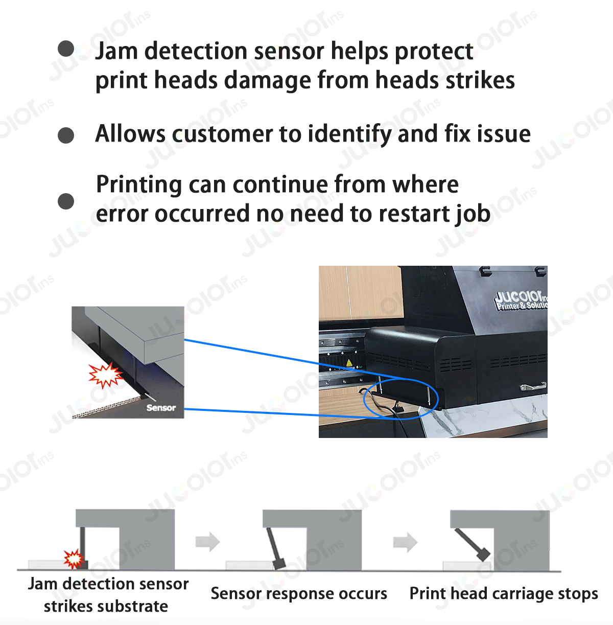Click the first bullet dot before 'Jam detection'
[x=66, y=49]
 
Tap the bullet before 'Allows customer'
[x=66, y=135]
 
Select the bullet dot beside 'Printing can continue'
[x=66, y=201]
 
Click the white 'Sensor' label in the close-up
[x=160, y=408]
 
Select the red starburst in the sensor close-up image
[x=105, y=376]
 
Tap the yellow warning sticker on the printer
[x=349, y=363]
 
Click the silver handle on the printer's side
[x=533, y=387]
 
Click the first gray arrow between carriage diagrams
[x=207, y=542]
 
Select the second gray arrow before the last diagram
[x=405, y=542]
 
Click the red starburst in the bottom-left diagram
[x=73, y=559]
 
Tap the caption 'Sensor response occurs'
[x=299, y=594]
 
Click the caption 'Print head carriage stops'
[x=504, y=594]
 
